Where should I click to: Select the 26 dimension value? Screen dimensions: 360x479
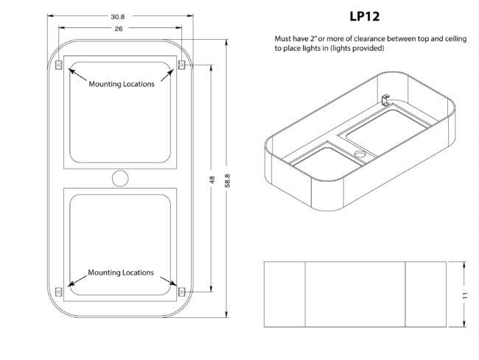tap(119, 28)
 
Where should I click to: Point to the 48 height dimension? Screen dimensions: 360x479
tap(212, 179)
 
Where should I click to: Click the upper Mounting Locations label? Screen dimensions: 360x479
tap(122, 84)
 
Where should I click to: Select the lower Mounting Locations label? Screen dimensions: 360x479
tap(121, 272)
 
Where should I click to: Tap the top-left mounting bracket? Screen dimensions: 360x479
tap(59, 65)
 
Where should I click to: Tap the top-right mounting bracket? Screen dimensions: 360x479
tap(181, 65)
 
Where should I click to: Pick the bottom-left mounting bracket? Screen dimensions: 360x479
tap(59, 292)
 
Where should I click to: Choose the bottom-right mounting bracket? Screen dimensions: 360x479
tap(181, 292)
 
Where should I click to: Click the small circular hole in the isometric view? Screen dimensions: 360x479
tap(360, 155)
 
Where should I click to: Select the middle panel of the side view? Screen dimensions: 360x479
tap(355, 293)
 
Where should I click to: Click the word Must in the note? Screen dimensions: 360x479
tap(283, 38)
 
